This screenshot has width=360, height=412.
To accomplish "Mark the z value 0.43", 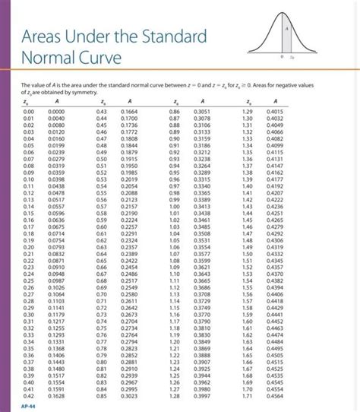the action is point(101,111).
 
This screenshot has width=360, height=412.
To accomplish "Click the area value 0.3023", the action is point(128,395).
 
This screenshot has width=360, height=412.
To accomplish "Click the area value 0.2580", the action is point(128,294).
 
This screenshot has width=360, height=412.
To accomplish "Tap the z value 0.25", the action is point(29,280).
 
